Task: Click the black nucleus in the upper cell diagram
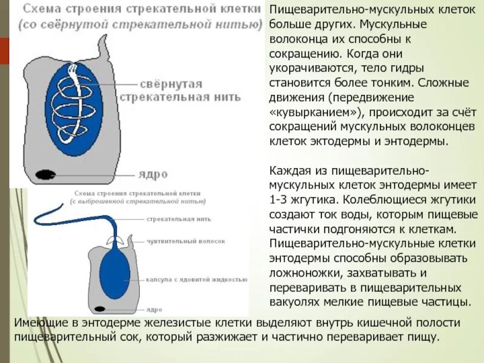(45, 174)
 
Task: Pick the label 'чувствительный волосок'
(186, 241)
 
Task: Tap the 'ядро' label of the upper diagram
(152, 174)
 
